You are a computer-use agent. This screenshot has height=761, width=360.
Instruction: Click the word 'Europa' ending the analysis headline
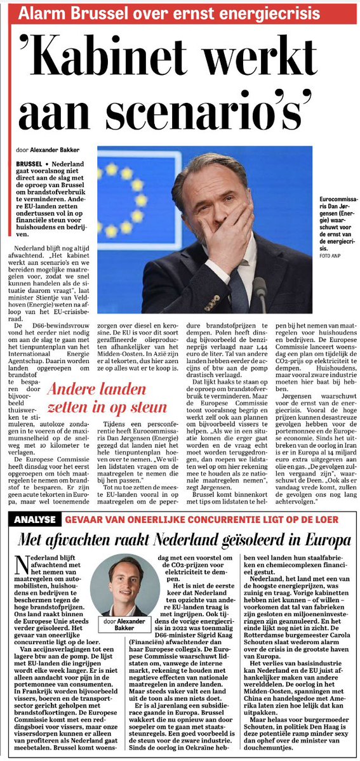[328, 541]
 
